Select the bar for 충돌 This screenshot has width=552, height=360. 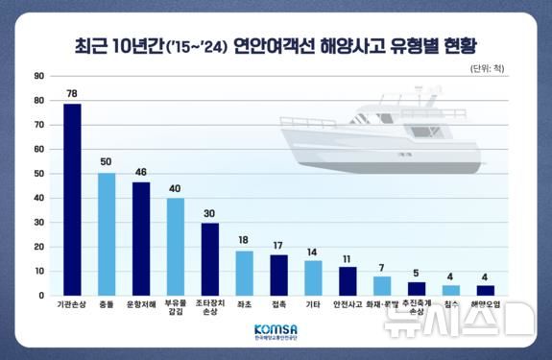pos(107,233)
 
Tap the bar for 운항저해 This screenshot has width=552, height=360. pos(141,238)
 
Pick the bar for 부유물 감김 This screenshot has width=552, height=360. pos(175,246)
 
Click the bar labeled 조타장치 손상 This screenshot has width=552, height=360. pos(209,258)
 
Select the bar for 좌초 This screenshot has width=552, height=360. pos(244,273)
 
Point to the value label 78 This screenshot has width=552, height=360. pos(72,93)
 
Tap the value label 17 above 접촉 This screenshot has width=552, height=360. pos(278,245)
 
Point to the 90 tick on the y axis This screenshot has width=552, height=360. pos(38,76)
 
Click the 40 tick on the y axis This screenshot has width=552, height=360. pos(38,198)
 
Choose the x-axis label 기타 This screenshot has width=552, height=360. pos(313,305)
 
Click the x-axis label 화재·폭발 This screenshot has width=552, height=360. pos(381,305)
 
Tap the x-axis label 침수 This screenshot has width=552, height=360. pos(450,305)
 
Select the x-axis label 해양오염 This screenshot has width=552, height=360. pos(486,305)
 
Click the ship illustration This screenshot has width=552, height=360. pos(384,134)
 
